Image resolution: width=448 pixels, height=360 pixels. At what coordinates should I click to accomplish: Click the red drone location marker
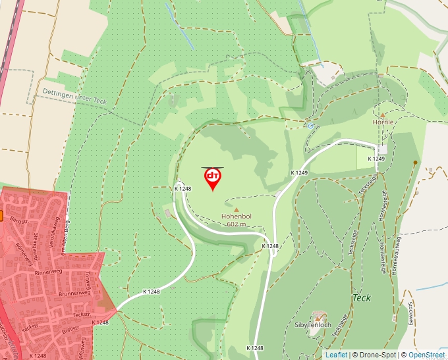click(213, 178)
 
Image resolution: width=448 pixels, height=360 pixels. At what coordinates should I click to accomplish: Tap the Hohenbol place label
click(237, 215)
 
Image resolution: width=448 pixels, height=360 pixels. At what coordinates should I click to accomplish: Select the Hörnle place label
click(383, 122)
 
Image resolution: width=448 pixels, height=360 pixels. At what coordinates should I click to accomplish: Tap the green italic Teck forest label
click(362, 297)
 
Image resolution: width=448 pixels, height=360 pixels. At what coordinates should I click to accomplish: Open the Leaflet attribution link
click(336, 355)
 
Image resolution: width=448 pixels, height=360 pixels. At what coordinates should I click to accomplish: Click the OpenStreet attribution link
click(427, 355)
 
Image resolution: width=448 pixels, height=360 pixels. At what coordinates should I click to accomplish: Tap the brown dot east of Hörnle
click(415, 162)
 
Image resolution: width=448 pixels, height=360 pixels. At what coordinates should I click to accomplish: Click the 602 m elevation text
click(237, 224)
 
